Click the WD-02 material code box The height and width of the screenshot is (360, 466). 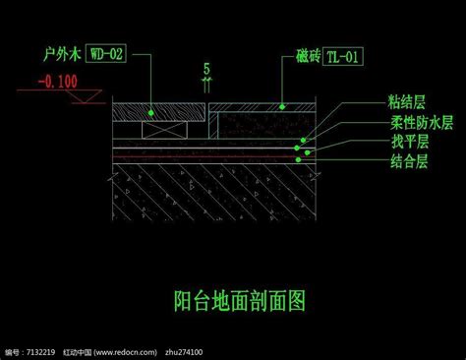106,53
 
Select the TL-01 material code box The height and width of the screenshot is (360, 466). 343,57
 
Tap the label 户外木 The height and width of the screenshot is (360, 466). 62,54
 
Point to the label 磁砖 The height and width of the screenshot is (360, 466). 308,55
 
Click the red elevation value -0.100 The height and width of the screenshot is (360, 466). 58,82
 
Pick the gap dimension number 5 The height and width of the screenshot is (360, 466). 206,69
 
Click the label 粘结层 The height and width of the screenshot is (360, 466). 407,101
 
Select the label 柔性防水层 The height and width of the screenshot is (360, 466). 422,122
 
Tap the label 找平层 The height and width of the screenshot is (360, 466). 410,142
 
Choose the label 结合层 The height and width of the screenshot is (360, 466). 409,161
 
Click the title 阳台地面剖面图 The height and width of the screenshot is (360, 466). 240,301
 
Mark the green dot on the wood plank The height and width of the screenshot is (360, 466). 150,113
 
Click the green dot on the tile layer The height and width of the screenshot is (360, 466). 282,106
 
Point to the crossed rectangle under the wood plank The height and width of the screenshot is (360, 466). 164,130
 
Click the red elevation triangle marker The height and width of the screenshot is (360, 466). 85,96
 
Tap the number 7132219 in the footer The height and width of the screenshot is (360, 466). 40,352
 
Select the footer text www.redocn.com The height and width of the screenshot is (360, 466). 125,352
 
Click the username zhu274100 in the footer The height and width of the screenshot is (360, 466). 184,352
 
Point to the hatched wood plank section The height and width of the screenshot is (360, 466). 159,112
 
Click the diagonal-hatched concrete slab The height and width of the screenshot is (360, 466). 214,192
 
